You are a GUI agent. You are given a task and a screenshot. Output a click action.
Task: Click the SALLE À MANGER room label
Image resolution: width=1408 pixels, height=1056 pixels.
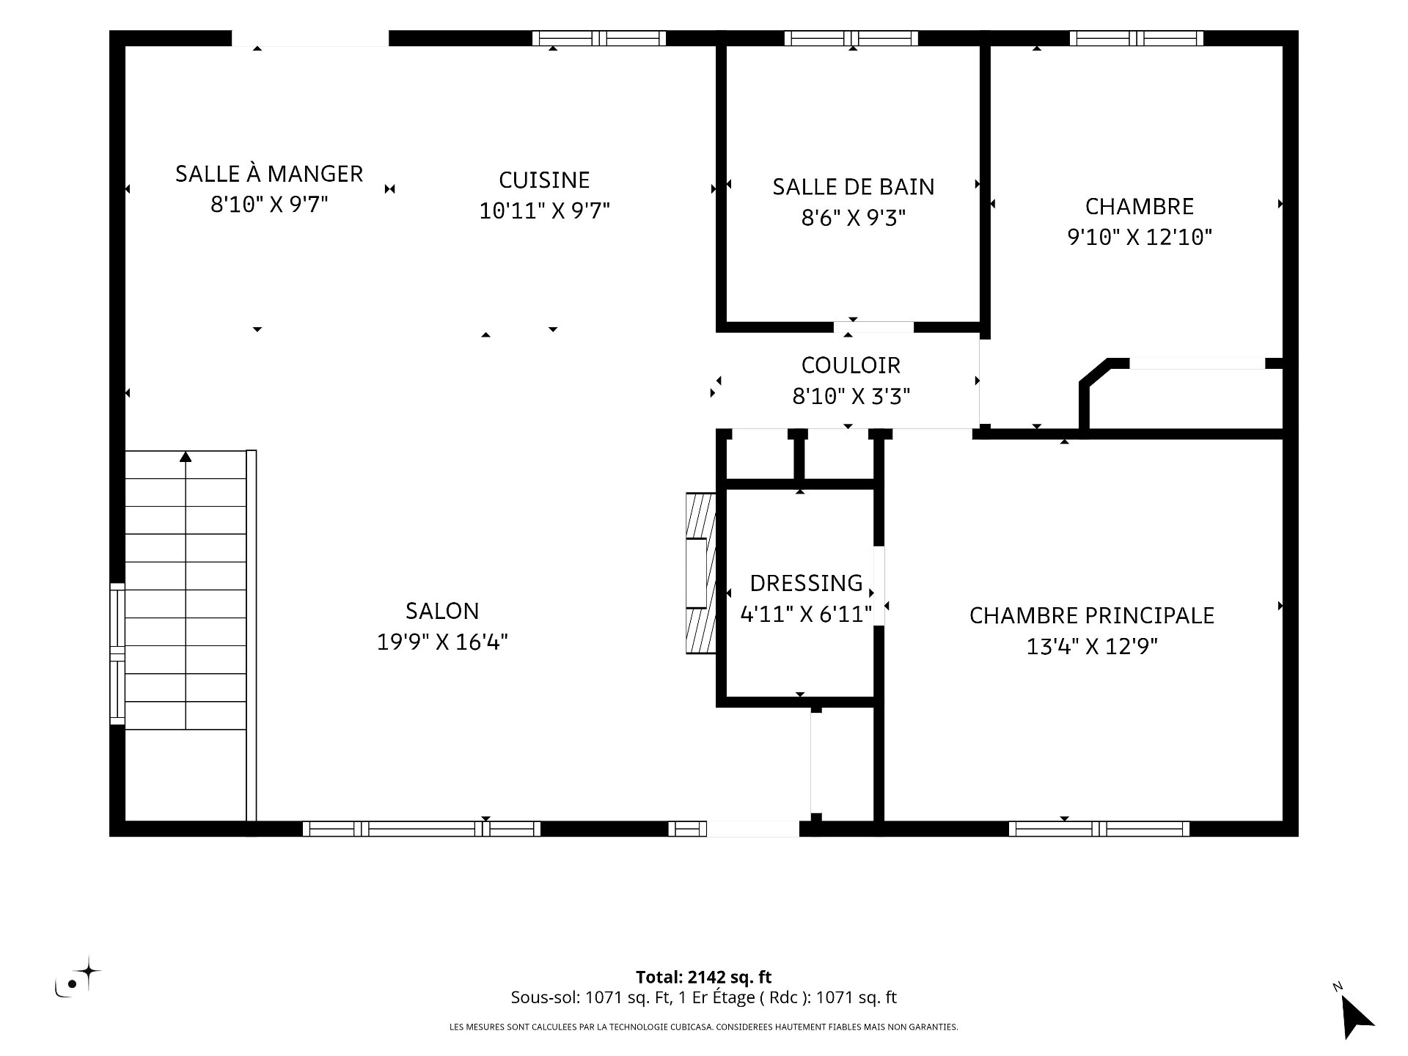[x=269, y=174]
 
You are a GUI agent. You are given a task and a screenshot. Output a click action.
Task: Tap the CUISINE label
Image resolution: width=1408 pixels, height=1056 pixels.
[x=544, y=180]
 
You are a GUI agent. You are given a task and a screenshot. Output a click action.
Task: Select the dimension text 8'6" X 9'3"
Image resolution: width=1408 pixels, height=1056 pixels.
[x=854, y=218]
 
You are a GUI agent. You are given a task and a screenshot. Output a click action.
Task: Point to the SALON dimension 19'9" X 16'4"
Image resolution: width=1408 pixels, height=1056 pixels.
[x=442, y=642]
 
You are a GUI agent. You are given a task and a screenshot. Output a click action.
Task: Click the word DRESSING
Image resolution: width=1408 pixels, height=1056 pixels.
[x=806, y=584]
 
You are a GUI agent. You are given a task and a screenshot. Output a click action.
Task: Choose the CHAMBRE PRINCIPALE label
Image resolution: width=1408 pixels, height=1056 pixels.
[x=1092, y=616]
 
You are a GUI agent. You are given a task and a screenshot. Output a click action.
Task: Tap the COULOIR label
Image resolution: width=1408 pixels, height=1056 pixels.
[x=851, y=365]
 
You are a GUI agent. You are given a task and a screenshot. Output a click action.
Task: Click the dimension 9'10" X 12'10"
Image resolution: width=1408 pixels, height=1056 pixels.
[x=1140, y=238]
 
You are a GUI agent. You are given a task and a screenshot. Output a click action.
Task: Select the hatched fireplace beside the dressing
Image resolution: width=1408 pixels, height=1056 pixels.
[x=700, y=573]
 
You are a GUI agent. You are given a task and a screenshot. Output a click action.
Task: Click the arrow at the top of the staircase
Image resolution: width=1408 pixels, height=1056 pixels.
[x=186, y=457]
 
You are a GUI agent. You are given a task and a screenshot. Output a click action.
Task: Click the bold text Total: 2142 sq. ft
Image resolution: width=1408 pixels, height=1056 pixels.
[x=703, y=977]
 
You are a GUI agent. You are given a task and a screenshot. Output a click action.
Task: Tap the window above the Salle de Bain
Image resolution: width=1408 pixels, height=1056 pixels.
[x=851, y=38]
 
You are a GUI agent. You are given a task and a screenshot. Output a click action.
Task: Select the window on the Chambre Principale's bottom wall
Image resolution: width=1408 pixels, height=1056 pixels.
[x=1099, y=829]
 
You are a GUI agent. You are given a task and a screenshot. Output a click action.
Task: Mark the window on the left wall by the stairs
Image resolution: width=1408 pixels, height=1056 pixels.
[x=117, y=653]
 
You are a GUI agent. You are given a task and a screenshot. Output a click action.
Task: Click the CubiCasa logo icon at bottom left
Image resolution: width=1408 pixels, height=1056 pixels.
[x=78, y=977]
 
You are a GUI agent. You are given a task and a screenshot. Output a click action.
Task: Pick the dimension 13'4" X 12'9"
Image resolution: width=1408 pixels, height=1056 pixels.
[x=1092, y=647]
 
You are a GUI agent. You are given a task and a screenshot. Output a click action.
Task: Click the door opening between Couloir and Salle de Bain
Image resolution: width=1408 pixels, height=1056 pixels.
[x=873, y=327]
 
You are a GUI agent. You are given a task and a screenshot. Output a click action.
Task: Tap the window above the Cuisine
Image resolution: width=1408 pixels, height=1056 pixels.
[x=598, y=38]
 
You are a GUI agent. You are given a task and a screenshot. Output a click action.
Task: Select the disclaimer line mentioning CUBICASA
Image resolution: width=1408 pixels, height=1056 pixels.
[x=703, y=1027]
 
